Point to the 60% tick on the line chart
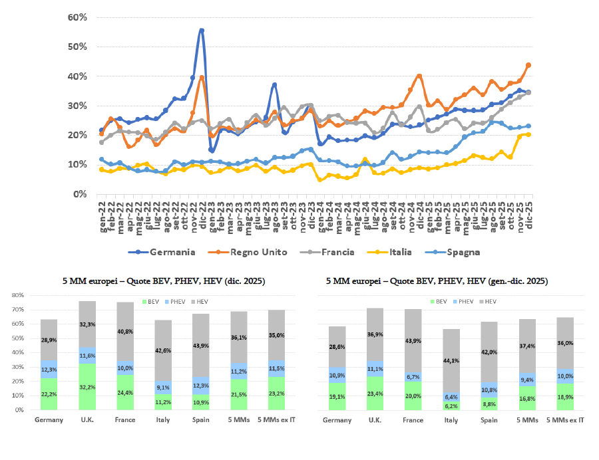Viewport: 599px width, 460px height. coord(78,17)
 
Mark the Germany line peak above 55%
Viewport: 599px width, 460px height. coord(202,31)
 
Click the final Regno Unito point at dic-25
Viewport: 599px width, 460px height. coord(528,65)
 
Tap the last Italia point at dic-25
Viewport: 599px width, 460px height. coord(528,134)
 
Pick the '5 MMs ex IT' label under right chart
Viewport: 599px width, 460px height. coord(565,420)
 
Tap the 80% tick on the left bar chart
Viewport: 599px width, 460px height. coord(18,294)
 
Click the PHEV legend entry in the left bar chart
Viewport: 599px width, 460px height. coord(84,301)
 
